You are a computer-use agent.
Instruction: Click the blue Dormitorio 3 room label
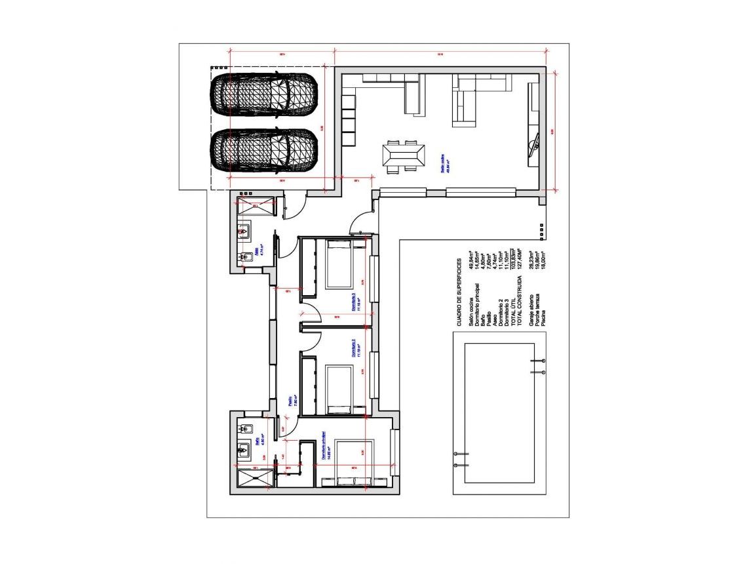pyautogui.click(x=353, y=301)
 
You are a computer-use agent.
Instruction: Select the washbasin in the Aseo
pyautogui.click(x=244, y=231)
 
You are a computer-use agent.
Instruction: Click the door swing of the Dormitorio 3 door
pyautogui.click(x=312, y=313)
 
